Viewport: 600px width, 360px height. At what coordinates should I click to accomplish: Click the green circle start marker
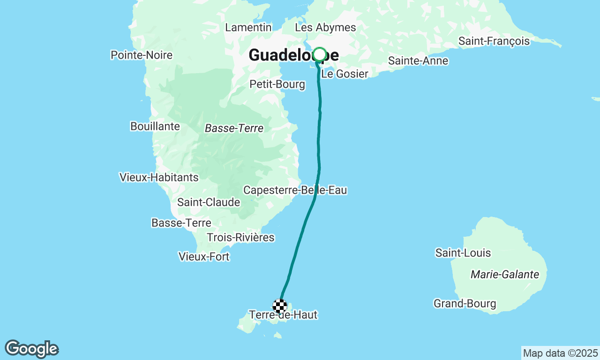319,54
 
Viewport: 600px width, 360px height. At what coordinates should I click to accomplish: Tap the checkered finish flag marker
280,306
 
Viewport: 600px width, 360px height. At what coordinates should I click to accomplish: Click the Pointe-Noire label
142,55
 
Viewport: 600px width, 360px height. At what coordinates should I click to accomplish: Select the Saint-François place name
494,41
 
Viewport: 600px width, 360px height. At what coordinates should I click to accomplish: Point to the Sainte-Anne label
418,61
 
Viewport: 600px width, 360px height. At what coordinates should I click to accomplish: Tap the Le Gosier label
345,74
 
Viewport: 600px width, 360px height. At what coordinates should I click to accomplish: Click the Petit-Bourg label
277,84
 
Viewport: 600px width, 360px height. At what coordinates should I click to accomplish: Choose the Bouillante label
155,127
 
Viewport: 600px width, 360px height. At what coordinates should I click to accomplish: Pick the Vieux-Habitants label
159,178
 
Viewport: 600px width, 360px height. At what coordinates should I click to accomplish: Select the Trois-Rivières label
240,238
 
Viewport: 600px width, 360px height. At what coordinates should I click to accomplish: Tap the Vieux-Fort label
204,257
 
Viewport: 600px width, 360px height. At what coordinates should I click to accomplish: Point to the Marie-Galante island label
505,275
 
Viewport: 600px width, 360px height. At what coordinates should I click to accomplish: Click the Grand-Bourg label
465,304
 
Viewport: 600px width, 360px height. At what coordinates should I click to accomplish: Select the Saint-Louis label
463,253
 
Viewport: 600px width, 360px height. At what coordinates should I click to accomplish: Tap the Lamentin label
248,28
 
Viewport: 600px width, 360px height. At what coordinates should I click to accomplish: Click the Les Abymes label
325,28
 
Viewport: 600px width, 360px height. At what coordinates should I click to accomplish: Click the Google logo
31,349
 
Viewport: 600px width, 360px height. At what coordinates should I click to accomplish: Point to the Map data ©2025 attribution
560,353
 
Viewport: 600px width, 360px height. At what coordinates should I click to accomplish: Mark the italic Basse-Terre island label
234,128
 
